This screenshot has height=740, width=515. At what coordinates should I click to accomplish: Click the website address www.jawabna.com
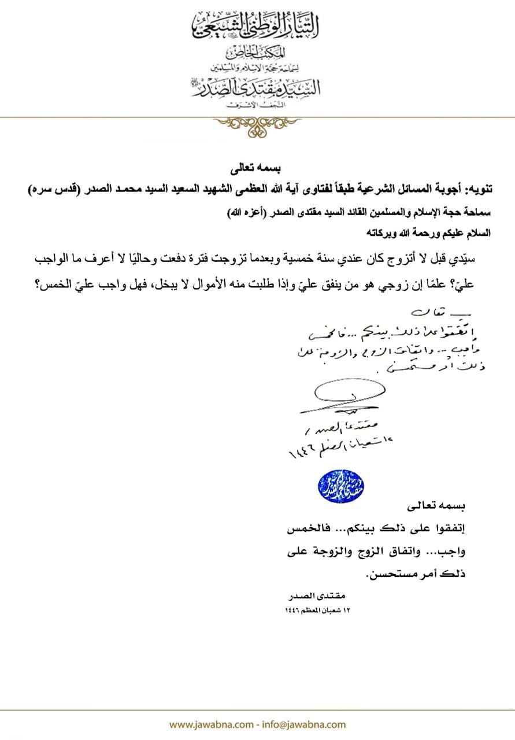210,724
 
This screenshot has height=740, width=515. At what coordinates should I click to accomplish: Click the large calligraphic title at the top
257,26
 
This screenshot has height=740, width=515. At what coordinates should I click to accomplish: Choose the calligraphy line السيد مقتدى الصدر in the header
257,87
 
